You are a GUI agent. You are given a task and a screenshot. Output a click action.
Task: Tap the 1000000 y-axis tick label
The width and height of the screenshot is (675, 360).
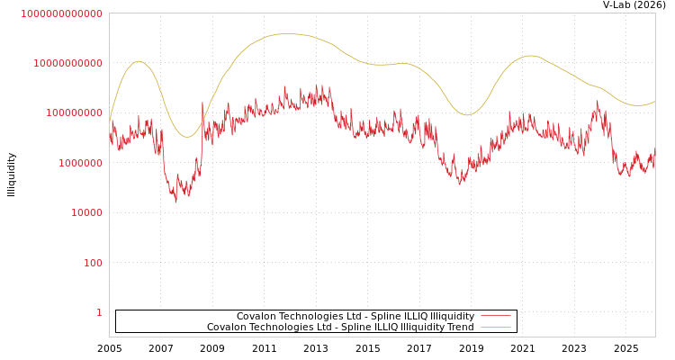coord(78,163)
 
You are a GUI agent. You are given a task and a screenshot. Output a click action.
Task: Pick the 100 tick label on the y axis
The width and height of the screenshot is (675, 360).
coord(93,263)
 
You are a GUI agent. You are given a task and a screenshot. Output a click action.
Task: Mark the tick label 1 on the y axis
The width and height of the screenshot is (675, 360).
coord(99,312)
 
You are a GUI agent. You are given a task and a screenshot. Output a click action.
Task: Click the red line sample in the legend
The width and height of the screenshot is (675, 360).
coord(495,316)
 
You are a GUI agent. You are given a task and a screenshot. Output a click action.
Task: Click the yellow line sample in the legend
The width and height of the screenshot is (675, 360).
coord(495,327)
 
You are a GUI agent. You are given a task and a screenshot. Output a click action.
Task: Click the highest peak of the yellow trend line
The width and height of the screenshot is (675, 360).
coord(286,34)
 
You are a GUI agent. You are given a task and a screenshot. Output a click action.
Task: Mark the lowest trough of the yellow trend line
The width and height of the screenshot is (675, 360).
coord(186,137)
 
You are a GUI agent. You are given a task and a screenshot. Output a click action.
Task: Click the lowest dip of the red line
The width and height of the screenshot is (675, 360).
coord(175,201)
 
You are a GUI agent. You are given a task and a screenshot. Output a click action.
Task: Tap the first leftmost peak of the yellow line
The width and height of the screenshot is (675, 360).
coord(138,61)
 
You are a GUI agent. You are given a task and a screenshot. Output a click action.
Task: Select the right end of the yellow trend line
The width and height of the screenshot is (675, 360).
coord(654,102)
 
